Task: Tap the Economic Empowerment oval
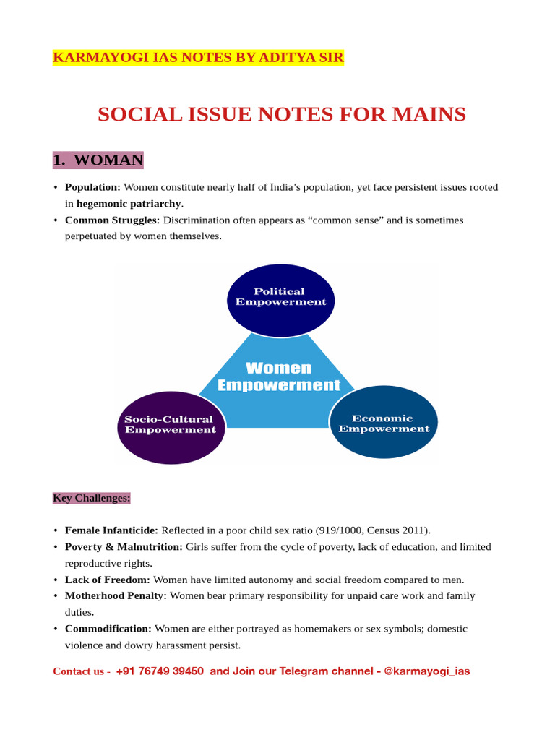[384, 423]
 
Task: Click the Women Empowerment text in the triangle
[278, 377]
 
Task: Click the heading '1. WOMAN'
[98, 160]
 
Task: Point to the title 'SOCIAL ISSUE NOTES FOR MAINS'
[282, 114]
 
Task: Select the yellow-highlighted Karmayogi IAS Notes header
[198, 58]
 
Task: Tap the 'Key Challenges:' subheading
[92, 498]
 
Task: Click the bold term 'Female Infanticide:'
[111, 530]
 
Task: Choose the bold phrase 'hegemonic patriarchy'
[129, 204]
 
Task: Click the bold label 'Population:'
[92, 187]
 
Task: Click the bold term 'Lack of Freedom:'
[108, 580]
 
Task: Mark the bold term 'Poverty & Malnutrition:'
[124, 546]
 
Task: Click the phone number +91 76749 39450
[160, 671]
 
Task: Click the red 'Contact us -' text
[82, 671]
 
